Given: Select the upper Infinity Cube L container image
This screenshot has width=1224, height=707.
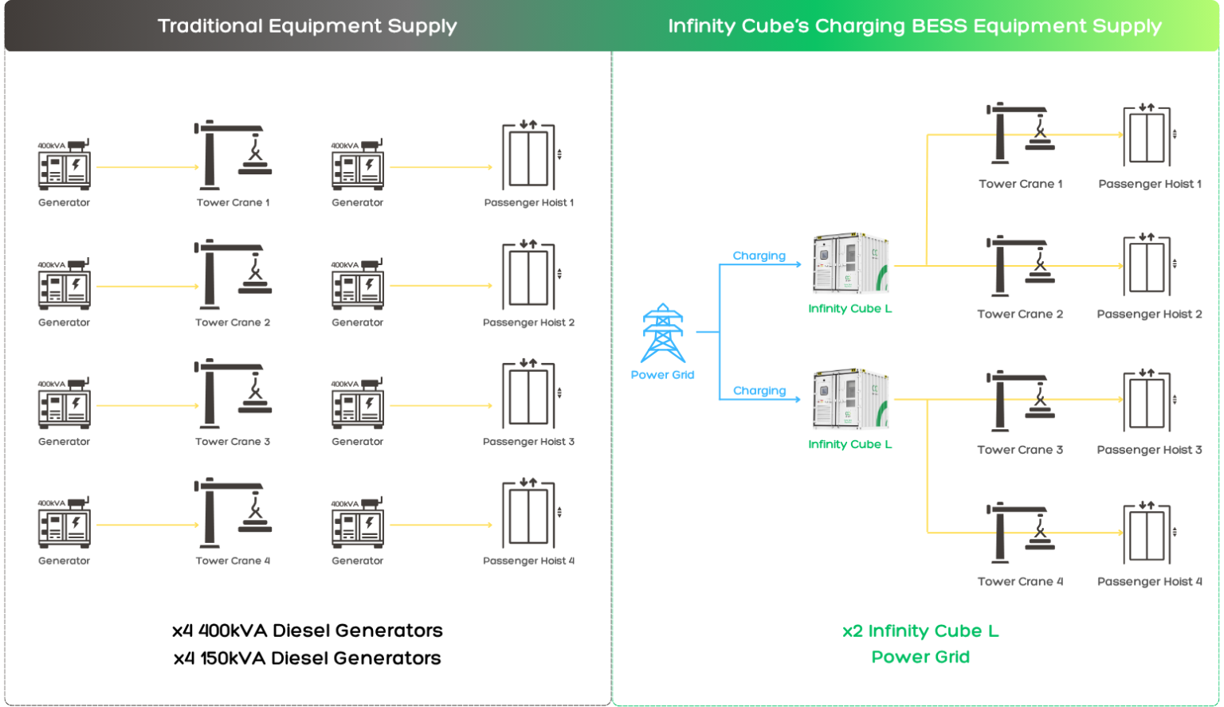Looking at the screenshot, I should pos(850,264).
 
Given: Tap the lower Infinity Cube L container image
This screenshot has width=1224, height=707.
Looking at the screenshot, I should pos(850,400).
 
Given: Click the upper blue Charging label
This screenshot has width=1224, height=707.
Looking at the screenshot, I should pos(759,256).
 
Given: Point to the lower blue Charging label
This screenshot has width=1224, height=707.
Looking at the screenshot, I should pos(759,391).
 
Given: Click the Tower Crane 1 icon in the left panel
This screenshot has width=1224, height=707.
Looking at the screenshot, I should pos(232,155).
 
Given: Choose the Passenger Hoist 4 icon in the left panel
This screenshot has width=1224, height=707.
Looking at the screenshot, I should pos(528,514).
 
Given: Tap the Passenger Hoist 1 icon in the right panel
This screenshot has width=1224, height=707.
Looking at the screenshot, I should pos(1148,135).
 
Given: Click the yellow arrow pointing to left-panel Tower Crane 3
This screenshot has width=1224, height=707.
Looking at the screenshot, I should pos(147,405).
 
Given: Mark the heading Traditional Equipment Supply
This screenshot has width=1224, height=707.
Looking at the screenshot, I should pos(307,25).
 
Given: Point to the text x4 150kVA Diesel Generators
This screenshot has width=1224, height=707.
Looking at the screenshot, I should pos(307,658).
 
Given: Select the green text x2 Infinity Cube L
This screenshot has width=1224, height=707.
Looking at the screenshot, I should pos(920,631).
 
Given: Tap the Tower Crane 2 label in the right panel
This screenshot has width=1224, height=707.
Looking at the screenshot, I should pos(1020,314).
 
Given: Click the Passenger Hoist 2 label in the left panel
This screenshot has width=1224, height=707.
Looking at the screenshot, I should pos(528,322).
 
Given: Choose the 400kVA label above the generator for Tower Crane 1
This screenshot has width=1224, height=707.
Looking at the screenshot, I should pos(51,146).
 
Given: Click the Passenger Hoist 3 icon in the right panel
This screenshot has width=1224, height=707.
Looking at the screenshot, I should pos(1148,400).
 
